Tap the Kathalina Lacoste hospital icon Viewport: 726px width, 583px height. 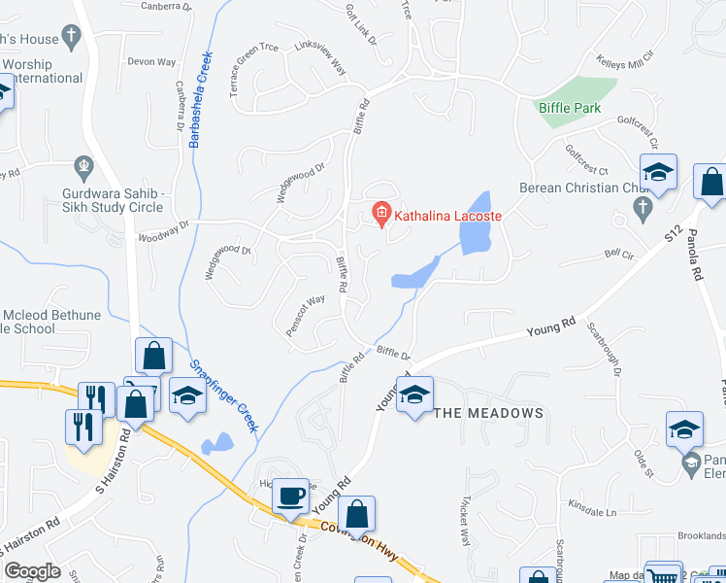point(381,212)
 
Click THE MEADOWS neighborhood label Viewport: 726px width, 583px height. point(487,413)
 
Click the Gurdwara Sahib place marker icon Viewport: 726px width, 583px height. point(84,165)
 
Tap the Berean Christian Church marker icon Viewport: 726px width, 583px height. point(641,206)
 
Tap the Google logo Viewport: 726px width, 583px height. point(33,570)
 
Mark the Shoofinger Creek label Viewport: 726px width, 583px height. point(224,394)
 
